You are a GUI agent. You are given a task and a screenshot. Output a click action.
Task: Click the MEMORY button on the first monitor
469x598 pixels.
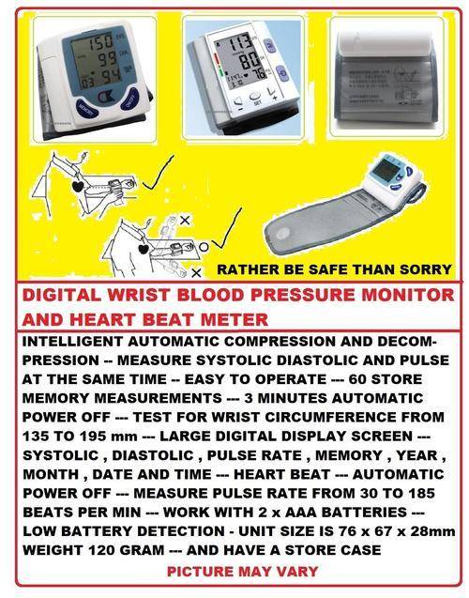tap(87, 109)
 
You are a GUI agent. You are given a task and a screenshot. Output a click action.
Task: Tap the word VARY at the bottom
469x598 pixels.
tap(298, 572)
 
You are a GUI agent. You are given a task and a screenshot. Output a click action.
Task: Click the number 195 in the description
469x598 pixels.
tap(89, 437)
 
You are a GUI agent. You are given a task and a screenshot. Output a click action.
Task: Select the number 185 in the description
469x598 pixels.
tap(422, 493)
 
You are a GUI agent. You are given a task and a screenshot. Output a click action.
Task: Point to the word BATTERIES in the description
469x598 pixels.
tap(364, 513)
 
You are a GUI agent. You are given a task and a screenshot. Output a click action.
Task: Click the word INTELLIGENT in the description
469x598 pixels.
tap(72, 342)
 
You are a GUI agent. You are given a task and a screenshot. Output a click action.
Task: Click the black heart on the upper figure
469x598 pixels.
tap(78, 186)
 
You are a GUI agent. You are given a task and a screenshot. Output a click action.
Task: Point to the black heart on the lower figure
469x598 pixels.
tap(144, 250)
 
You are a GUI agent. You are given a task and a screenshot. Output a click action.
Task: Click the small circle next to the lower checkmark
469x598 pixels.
tap(204, 247)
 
